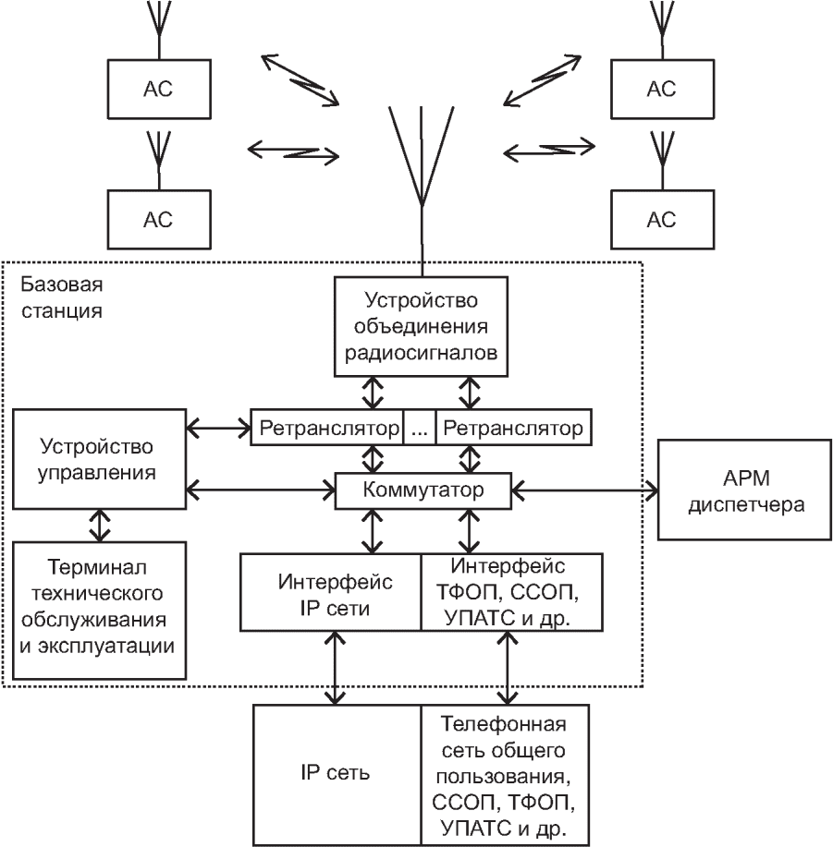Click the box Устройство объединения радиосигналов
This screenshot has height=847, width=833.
(423, 327)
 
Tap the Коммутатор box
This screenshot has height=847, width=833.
(423, 490)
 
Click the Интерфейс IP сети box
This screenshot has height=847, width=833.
(330, 592)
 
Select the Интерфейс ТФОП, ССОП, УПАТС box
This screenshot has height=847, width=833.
(510, 592)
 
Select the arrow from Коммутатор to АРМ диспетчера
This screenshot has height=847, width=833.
(583, 490)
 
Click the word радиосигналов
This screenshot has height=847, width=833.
(423, 355)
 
